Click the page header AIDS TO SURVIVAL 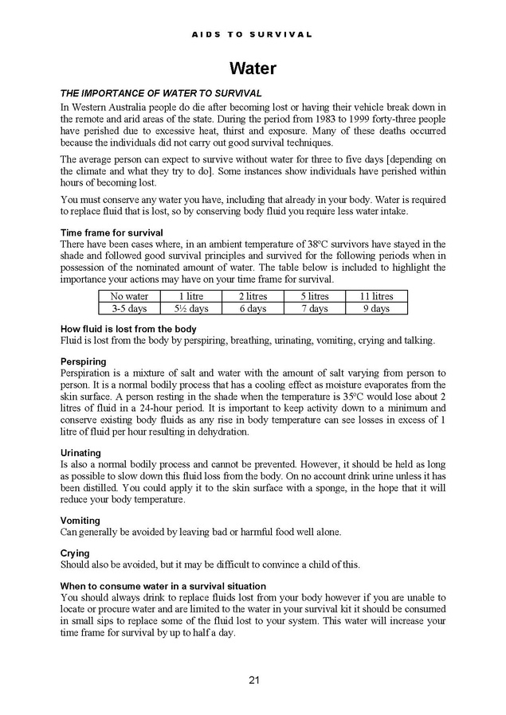coord(253,34)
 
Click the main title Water coord(253,68)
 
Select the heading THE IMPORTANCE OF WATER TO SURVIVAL coord(161,94)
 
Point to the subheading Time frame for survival coord(112,232)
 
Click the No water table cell coord(129,296)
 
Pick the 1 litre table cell coord(190,296)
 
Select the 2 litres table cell coord(253,296)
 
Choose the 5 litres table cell coord(314,296)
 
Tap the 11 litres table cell coord(376,296)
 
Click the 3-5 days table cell coord(129,308)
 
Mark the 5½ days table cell coord(190,308)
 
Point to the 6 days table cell coord(253,308)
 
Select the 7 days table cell coord(314,308)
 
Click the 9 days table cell coord(376,308)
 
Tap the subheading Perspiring coord(84,361)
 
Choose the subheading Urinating coord(80,453)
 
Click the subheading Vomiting coord(80,521)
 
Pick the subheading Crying coord(75,553)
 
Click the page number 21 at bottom coord(253,679)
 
